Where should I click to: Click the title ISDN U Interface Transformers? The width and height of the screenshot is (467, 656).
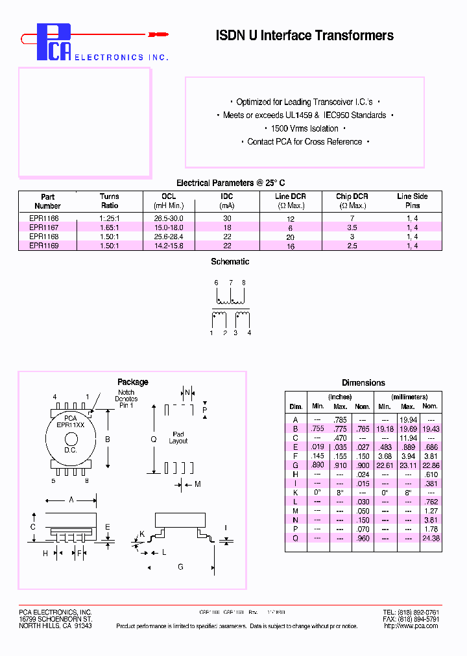304,36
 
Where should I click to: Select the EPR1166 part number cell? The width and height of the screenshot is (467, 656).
44,219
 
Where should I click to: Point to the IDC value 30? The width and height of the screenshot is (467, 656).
226,219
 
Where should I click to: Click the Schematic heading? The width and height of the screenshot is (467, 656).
230,262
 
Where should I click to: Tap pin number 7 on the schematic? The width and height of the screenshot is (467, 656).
230,283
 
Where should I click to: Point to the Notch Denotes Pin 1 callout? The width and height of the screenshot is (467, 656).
126,399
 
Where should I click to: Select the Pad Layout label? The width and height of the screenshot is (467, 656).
178,438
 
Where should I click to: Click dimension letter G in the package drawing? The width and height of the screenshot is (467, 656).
180,567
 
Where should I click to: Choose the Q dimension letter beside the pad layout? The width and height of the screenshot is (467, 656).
154,439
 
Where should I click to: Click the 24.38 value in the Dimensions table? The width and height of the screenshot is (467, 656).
430,538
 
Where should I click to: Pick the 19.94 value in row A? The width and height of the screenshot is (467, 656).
407,420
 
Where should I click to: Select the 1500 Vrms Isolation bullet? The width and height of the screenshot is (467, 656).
305,128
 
